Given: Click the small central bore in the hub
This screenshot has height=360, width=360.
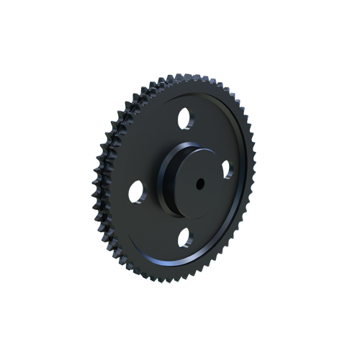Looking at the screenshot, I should click(x=198, y=184).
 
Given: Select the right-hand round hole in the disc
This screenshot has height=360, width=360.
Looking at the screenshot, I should click(x=228, y=169).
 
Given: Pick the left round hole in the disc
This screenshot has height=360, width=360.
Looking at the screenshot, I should click(x=137, y=191).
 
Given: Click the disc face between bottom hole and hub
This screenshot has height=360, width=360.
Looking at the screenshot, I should click(x=187, y=216).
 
